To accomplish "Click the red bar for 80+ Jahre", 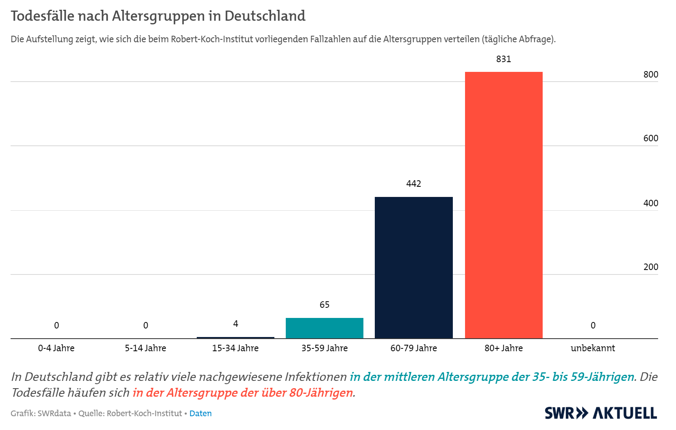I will (x=504, y=205).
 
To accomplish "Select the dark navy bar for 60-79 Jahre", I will (x=413, y=268).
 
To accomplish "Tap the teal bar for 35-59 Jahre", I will (x=324, y=328).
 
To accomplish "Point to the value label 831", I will (x=504, y=59).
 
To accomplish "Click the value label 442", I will (x=413, y=184).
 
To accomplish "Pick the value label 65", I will (x=324, y=305).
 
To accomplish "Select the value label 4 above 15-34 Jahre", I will (x=235, y=324).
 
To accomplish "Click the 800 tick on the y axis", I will (x=650, y=75).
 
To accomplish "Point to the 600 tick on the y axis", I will (x=650, y=138).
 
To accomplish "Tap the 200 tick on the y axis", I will (x=650, y=267).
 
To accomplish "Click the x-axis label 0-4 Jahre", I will (x=56, y=348).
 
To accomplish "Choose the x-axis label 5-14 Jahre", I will (x=146, y=348).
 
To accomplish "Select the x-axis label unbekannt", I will (x=593, y=348).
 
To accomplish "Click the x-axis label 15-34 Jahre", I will (x=235, y=348).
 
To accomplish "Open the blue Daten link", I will (x=200, y=413).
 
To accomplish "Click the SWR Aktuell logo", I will (x=600, y=413).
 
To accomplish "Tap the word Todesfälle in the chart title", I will (x=43, y=16).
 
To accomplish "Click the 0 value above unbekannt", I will (x=593, y=326).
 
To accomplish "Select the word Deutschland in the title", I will (x=265, y=16).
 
